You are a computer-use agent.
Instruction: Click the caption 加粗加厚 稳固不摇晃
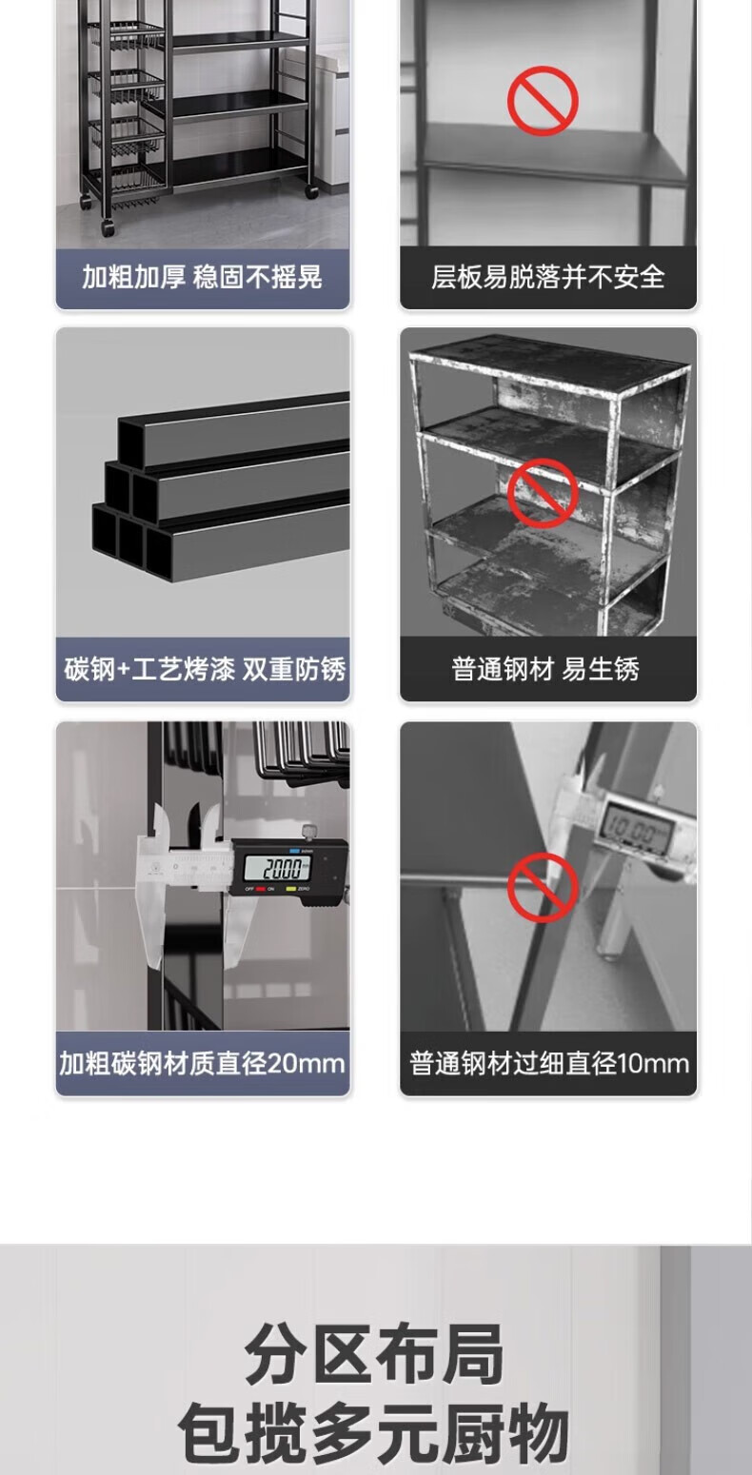click(x=202, y=277)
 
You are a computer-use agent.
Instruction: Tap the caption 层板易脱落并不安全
click(x=548, y=277)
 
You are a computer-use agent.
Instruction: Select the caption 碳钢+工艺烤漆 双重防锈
click(x=204, y=669)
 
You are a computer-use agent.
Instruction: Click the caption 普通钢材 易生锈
click(x=545, y=669)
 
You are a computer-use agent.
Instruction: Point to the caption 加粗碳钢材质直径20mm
click(x=202, y=1064)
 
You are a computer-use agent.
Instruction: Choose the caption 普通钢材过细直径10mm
click(x=548, y=1064)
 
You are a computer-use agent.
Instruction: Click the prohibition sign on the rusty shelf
click(x=543, y=493)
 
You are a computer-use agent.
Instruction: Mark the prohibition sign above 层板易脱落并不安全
click(x=543, y=101)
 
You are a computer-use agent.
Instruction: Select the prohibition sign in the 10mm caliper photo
click(x=543, y=887)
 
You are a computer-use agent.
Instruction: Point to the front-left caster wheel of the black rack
click(x=108, y=227)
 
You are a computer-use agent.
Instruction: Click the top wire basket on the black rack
click(x=128, y=36)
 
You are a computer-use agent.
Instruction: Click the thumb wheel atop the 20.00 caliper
click(x=310, y=833)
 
